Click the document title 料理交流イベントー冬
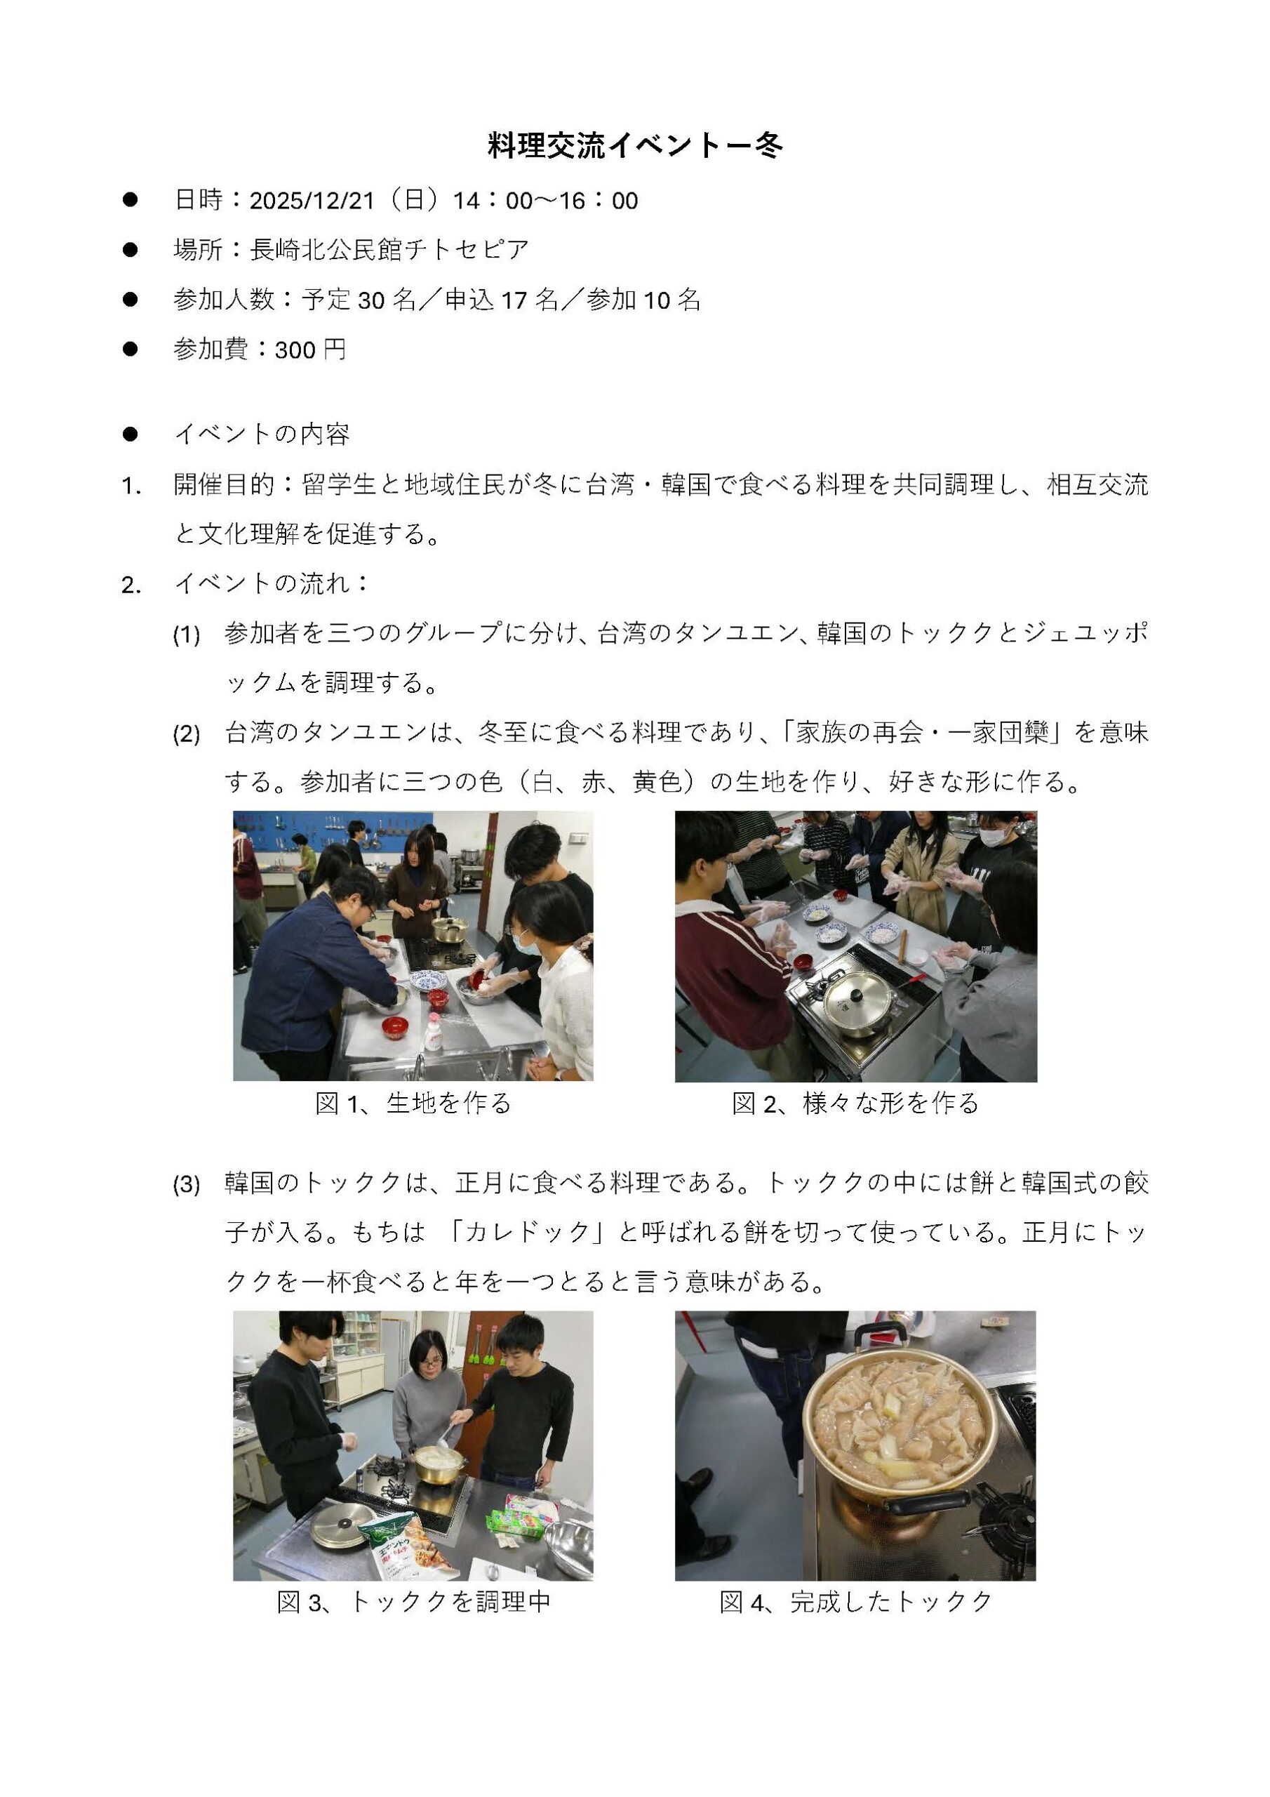pos(634,147)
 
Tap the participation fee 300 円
pos(311,349)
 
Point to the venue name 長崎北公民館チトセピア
pos(389,251)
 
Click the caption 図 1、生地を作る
pos(413,1103)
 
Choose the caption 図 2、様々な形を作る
pos(855,1103)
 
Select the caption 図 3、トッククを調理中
pos(414,1602)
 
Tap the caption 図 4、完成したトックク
pos(856,1602)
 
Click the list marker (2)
pos(186,735)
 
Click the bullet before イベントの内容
pos(130,435)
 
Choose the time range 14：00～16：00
pos(545,201)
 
